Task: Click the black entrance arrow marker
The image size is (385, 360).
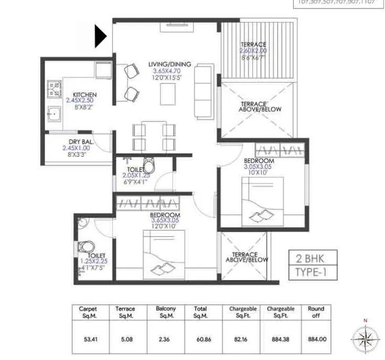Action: (x=101, y=37)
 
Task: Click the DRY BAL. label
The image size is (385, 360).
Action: (x=81, y=142)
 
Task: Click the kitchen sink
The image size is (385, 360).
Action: (x=54, y=113)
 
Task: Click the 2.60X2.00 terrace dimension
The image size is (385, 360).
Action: (x=253, y=51)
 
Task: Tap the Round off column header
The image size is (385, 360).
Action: (x=316, y=312)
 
